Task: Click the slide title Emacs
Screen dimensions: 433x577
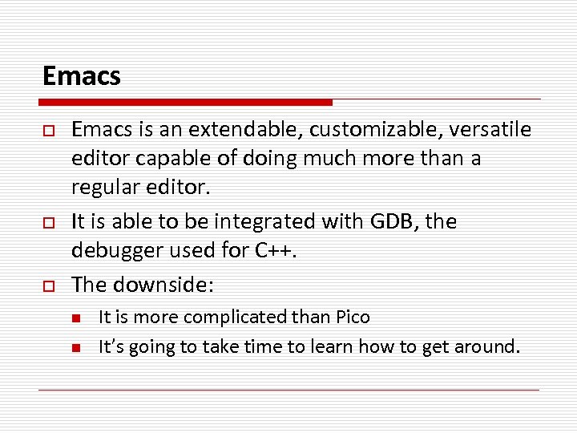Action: point(81,76)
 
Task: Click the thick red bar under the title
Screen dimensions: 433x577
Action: point(185,103)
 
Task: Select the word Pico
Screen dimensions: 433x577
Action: point(352,318)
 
